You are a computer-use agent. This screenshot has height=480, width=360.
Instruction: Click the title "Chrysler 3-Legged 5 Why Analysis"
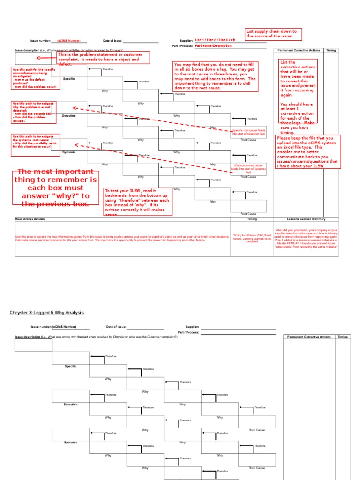pyautogui.click(x=47, y=312)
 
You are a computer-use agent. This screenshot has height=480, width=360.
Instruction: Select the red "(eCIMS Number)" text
pyautogui.click(x=69, y=41)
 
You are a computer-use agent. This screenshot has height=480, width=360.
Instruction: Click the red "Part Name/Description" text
pyautogui.click(x=213, y=46)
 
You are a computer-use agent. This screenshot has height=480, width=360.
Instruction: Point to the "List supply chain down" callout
pyautogui.click(x=274, y=34)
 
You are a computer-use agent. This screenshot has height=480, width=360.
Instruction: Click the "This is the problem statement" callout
pyautogui.click(x=103, y=58)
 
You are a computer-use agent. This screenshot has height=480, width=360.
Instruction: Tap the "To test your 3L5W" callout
pyautogui.click(x=138, y=202)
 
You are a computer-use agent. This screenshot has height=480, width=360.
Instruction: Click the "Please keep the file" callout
pyautogui.click(x=308, y=151)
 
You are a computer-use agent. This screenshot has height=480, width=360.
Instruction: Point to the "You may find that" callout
pyautogui.click(x=215, y=76)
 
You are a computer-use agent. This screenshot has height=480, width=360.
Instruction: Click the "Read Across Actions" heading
pyautogui.click(x=30, y=219)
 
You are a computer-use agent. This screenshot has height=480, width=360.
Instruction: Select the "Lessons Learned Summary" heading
pyautogui.click(x=307, y=219)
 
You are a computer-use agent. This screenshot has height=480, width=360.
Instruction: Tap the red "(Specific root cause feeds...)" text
pyautogui.click(x=248, y=133)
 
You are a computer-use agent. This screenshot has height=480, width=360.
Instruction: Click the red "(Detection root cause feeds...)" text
pyautogui.click(x=248, y=169)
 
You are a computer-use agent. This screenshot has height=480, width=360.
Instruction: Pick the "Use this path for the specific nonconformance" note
pyautogui.click(x=35, y=78)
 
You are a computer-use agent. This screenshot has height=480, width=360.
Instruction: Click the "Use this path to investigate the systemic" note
pyautogui.click(x=35, y=142)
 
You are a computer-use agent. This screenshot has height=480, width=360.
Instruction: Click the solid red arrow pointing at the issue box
pyautogui.click(x=45, y=58)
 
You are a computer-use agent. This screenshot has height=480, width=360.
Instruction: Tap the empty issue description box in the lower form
pyautogui.click(x=33, y=345)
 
